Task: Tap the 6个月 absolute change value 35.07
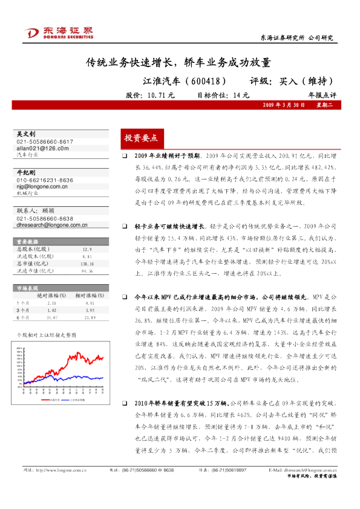(x=52, y=316)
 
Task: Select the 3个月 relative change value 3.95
(x=89, y=309)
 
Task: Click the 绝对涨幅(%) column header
(x=52, y=296)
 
